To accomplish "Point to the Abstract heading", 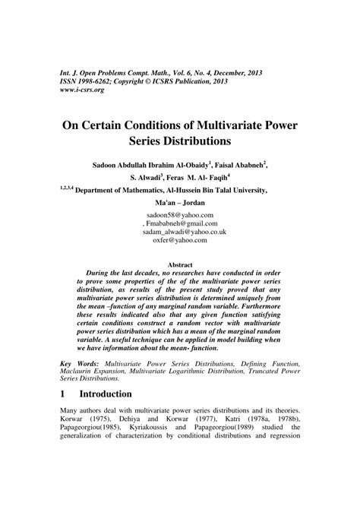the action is (x=180, y=264).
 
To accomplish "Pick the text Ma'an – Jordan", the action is (x=180, y=204).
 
